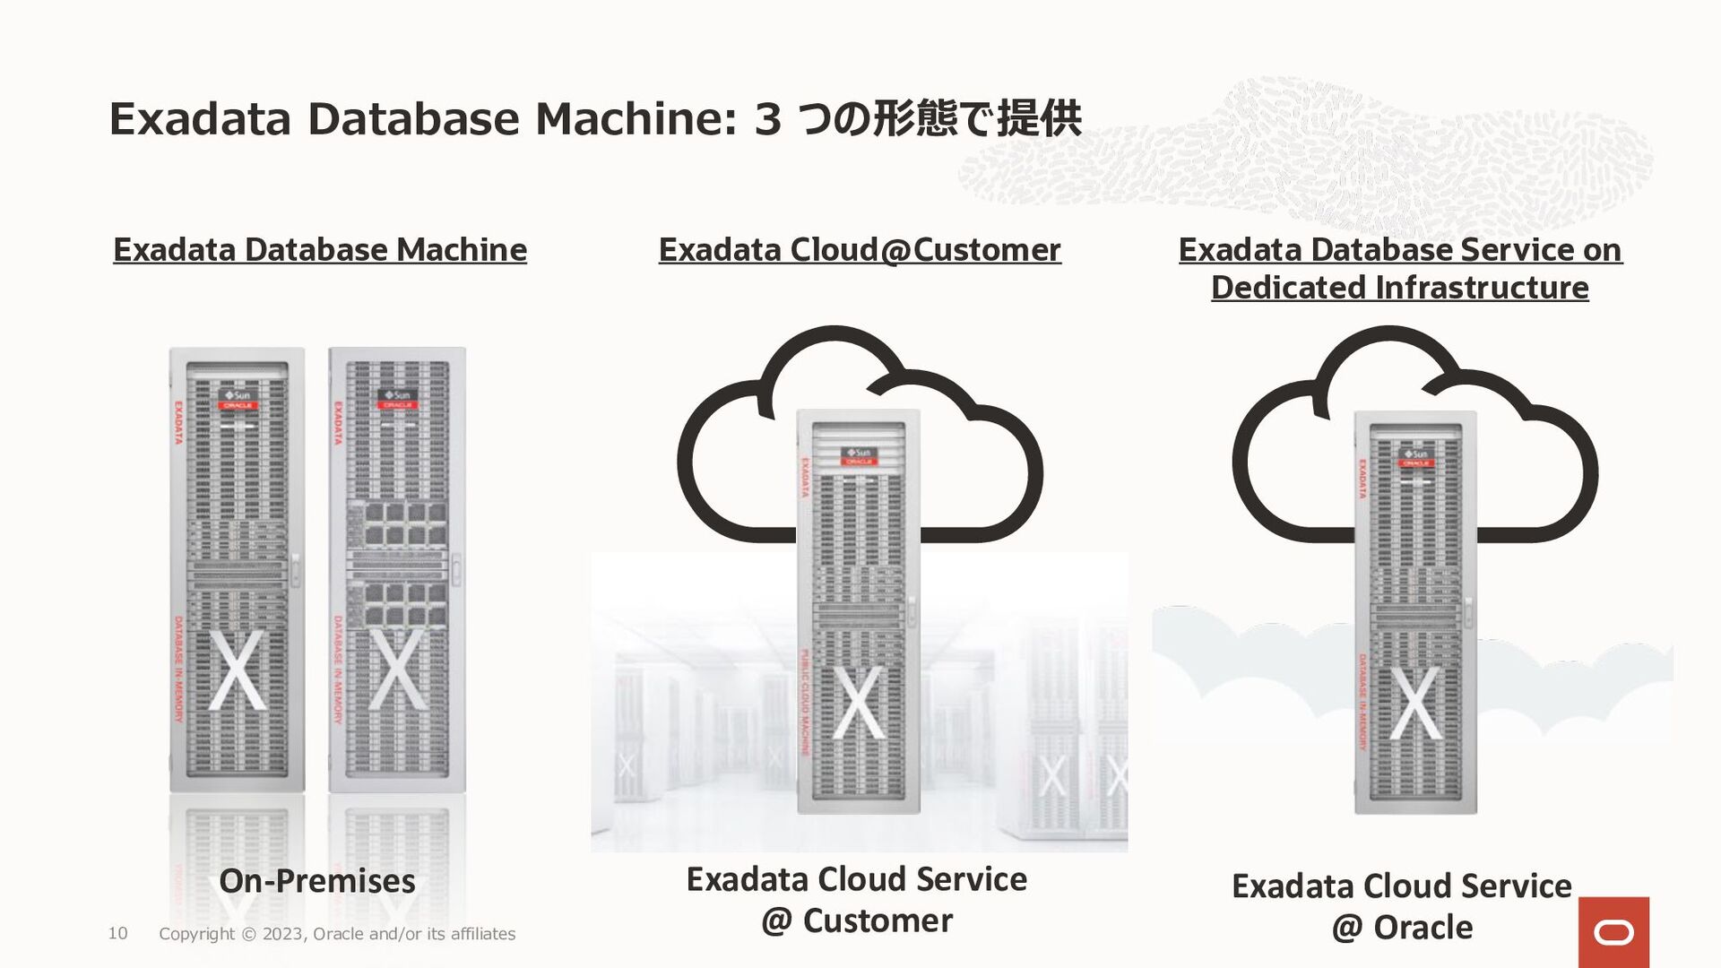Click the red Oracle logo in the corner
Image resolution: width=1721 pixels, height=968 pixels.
pyautogui.click(x=1613, y=932)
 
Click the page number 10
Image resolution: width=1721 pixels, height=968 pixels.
pyautogui.click(x=117, y=933)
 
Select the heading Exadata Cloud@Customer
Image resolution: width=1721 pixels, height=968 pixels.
pyautogui.click(x=860, y=249)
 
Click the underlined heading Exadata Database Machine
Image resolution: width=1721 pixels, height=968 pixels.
pyautogui.click(x=320, y=249)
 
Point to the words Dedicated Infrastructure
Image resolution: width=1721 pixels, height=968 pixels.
pyautogui.click(x=1399, y=288)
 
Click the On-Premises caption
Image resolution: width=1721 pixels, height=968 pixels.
pyautogui.click(x=317, y=880)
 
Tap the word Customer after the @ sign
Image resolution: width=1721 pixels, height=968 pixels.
pyautogui.click(x=878, y=920)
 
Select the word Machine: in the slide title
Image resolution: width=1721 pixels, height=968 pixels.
pyautogui.click(x=636, y=119)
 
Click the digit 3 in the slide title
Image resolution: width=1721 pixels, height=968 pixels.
pyautogui.click(x=767, y=119)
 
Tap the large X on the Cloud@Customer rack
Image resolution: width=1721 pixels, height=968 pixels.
pyautogui.click(x=859, y=703)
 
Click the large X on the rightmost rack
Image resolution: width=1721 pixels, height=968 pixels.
pyautogui.click(x=1416, y=703)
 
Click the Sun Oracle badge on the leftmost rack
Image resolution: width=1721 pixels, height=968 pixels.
pyautogui.click(x=238, y=400)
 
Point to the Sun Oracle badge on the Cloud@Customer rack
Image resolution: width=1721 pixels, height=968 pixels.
pyautogui.click(x=859, y=456)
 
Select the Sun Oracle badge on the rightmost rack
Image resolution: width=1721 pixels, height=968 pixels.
pyautogui.click(x=1415, y=458)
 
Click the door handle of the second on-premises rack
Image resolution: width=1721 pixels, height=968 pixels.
pyautogui.click(x=456, y=570)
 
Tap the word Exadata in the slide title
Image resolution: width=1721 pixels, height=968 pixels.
pyautogui.click(x=200, y=119)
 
